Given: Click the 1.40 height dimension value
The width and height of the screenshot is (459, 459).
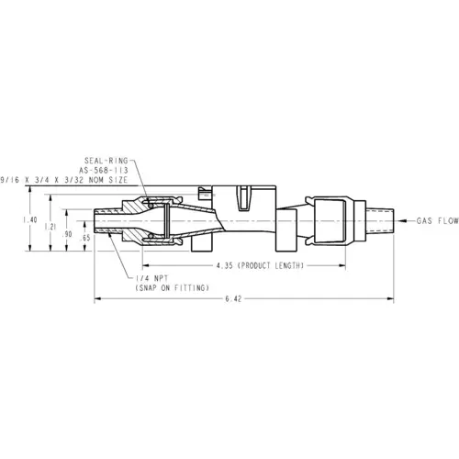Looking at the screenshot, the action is [30, 219].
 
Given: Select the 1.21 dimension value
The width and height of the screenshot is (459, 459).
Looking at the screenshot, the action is [50, 227].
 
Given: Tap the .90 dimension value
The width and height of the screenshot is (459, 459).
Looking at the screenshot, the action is [67, 234].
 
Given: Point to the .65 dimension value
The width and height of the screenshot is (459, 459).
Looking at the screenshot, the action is [84, 238].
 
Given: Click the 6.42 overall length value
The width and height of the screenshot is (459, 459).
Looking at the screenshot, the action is [233, 298].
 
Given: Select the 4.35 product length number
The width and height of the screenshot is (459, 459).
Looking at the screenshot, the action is [225, 265].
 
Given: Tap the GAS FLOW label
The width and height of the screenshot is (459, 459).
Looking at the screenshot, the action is [438, 220].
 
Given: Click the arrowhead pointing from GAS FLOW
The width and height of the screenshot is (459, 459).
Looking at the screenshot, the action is [402, 220].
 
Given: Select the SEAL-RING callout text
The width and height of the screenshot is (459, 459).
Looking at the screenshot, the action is [106, 161].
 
